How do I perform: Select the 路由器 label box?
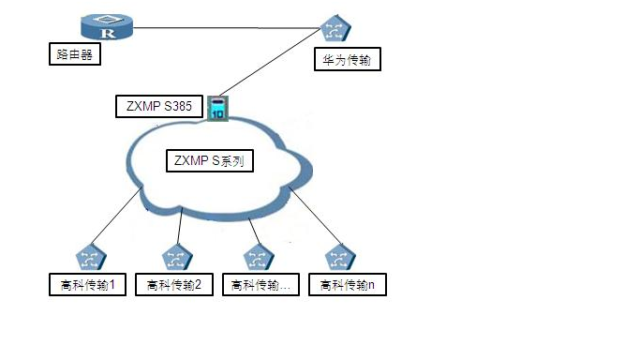click(74, 55)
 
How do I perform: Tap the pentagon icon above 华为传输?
click(335, 30)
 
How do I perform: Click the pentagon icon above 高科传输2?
click(175, 257)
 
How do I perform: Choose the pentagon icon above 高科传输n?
click(337, 257)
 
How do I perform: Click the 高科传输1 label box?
click(87, 284)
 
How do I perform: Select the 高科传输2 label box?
click(175, 284)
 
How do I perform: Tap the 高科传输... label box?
click(260, 284)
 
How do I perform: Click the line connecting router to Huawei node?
click(225, 28)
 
